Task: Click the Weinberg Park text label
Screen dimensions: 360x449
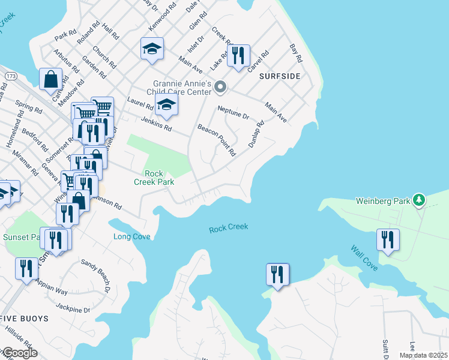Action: point(382,201)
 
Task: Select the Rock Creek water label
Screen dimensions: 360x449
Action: point(229,228)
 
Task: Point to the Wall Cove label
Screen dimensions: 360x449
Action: point(364,257)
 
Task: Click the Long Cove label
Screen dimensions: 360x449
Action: point(132,236)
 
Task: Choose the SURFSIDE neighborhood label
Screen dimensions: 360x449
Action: point(279,77)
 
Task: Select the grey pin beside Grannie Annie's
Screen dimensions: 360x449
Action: point(220,88)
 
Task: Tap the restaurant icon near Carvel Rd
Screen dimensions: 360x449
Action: point(239,57)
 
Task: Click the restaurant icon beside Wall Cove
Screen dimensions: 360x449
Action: point(388,239)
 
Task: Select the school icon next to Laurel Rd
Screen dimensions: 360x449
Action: point(167,107)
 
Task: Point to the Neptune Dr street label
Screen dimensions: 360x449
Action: point(232,112)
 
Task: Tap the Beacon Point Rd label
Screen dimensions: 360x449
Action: point(216,140)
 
